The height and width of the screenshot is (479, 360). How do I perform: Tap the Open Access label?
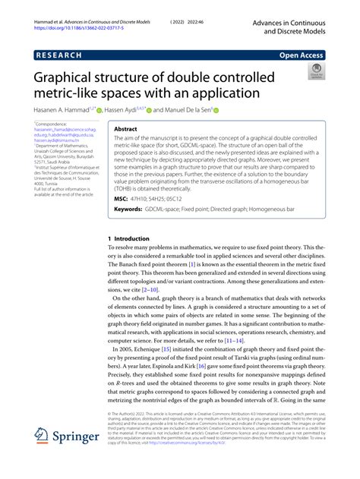coord(302,55)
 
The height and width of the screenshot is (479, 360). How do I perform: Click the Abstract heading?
coord(125,130)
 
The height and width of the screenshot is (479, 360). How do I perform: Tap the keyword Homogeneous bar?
coord(268,208)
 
